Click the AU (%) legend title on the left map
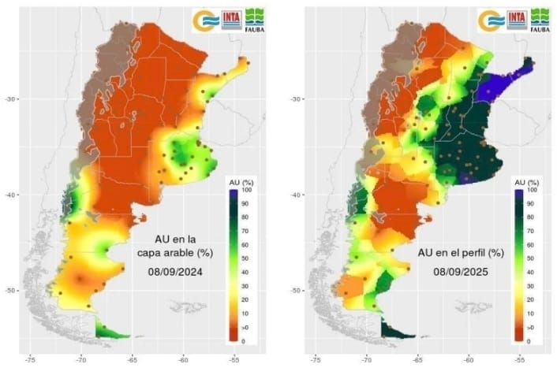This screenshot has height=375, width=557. tap(237, 182)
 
